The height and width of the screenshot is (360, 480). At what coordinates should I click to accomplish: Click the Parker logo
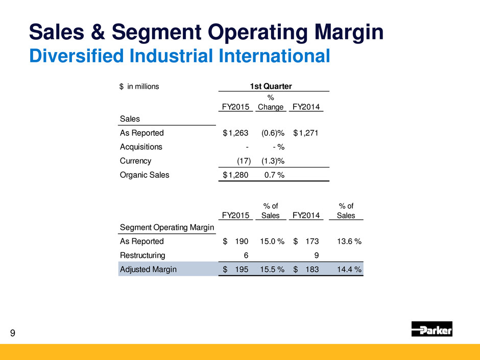(431, 329)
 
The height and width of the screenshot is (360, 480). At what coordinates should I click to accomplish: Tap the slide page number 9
(13, 333)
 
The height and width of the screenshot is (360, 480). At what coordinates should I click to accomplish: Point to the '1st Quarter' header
(271, 86)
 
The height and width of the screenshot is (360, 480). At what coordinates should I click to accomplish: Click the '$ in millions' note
(139, 87)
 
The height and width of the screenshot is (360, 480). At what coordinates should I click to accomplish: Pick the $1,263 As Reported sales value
(235, 133)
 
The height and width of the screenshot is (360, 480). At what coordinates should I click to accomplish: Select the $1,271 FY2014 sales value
(306, 133)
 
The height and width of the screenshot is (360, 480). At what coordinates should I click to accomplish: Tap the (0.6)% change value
(273, 133)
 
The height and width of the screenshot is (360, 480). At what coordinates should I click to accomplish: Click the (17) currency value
(244, 161)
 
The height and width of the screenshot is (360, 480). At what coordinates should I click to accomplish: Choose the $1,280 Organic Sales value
(235, 175)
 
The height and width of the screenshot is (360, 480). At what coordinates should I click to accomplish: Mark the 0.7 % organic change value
(274, 175)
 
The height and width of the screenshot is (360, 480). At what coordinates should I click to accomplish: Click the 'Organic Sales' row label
(145, 175)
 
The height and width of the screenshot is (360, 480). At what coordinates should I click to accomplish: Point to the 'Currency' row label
(136, 161)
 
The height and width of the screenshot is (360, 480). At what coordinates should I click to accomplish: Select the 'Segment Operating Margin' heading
(167, 227)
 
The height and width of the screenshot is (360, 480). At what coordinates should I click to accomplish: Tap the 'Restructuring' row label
(142, 255)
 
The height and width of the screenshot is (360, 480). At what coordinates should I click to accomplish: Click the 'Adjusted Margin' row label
(148, 270)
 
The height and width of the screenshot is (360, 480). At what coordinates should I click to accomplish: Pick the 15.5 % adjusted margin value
(272, 270)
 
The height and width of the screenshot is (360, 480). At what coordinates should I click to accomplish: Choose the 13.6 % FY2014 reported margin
(349, 242)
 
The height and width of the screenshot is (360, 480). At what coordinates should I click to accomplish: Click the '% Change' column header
(271, 103)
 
